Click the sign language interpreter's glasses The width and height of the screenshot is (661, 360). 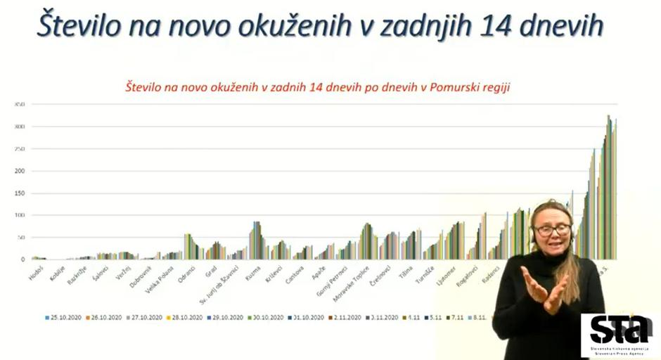coord(552,229)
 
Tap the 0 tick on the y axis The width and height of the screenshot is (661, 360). coord(23,259)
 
